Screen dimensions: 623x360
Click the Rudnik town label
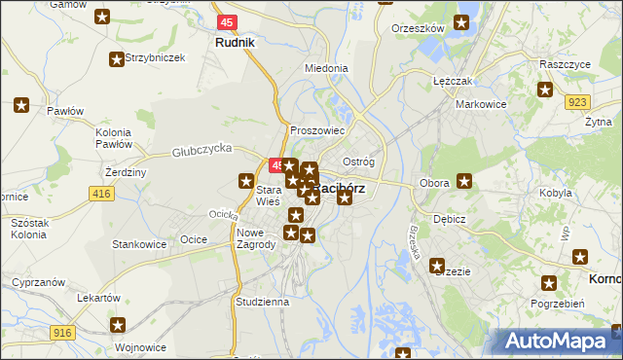click(235, 43)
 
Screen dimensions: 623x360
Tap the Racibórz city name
click(341, 189)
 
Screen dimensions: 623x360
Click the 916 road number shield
click(63, 333)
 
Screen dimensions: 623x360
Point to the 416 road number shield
click(102, 195)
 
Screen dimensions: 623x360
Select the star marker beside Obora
click(465, 181)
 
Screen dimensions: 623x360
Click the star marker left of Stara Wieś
click(246, 180)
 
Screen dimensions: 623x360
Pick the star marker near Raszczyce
click(545, 90)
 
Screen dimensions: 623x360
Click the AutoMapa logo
click(554, 342)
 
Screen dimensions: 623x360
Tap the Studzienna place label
click(262, 302)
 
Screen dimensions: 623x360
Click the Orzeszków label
click(417, 29)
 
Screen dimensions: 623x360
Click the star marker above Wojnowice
click(118, 326)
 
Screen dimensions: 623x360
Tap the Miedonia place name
click(326, 69)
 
